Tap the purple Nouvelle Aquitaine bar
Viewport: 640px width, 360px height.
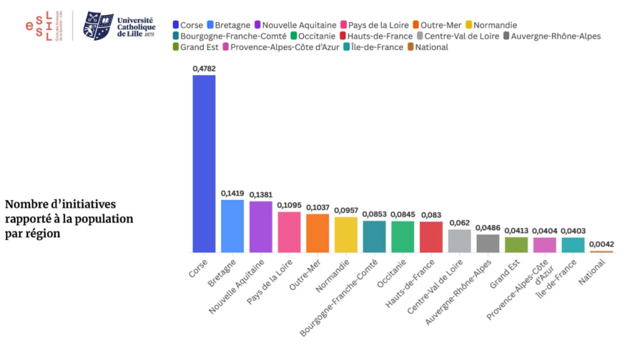click(261, 227)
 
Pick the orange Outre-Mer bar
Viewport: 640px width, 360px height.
click(317, 233)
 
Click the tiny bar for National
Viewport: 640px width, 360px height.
click(602, 252)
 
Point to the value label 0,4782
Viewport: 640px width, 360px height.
click(204, 67)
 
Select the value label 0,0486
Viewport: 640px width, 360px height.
click(488, 227)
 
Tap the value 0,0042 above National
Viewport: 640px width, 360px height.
click(602, 244)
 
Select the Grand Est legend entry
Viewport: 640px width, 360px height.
click(195, 47)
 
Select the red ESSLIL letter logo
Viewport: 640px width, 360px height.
click(39, 26)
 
